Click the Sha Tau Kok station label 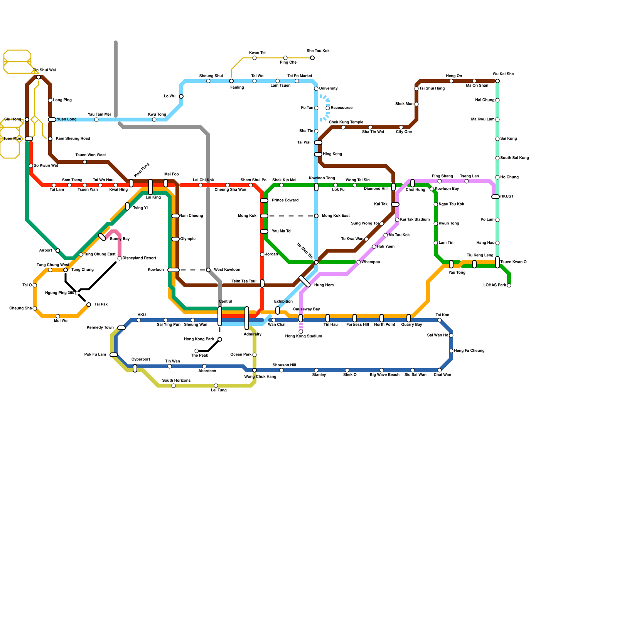click(x=318, y=51)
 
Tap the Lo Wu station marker click(x=181, y=96)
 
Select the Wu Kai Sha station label click(x=503, y=74)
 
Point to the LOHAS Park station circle click(x=509, y=285)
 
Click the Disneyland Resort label click(x=139, y=258)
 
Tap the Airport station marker click(x=58, y=251)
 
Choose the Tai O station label click(x=27, y=285)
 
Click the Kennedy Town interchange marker click(x=121, y=328)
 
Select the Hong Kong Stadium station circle click(x=301, y=332)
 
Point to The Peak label click(x=199, y=356)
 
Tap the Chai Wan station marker click(x=440, y=370)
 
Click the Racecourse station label click(x=341, y=108)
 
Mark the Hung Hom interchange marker click(x=305, y=282)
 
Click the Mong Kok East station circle click(x=316, y=216)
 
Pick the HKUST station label click(x=507, y=197)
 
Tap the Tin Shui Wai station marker click(x=39, y=77)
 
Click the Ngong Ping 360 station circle click(x=77, y=293)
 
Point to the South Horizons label click(x=176, y=381)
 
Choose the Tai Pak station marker click(x=89, y=305)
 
